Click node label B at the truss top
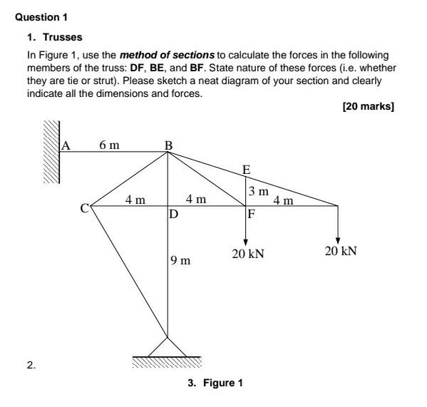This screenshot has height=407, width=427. (x=168, y=145)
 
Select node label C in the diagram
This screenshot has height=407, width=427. (x=85, y=209)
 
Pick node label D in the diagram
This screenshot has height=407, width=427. (x=173, y=213)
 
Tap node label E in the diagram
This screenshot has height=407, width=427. (x=247, y=170)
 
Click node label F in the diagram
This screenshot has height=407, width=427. (x=251, y=213)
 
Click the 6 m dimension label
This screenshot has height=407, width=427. (x=110, y=145)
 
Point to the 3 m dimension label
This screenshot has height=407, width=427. (x=258, y=191)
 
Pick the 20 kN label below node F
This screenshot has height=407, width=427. (x=247, y=253)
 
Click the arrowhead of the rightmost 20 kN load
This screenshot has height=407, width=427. (x=337, y=239)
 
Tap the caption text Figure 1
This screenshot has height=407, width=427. (x=223, y=383)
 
